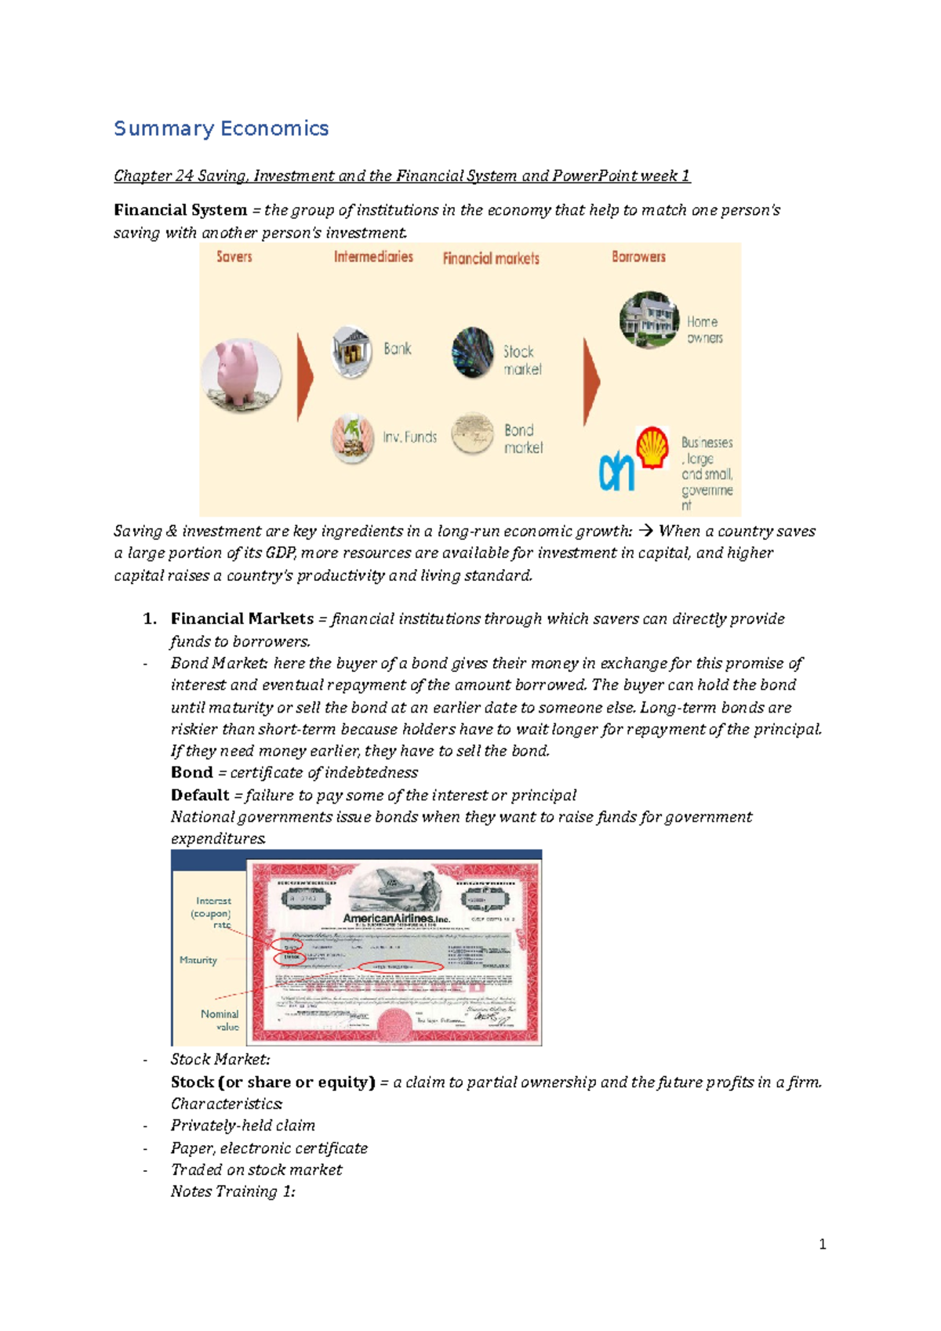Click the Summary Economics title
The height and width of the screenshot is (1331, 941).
221,129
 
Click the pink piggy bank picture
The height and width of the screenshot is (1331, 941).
241,375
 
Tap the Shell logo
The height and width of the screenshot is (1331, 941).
652,447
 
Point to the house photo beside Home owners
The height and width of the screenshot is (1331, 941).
648,319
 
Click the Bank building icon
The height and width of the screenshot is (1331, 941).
351,351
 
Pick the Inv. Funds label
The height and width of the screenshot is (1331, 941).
409,437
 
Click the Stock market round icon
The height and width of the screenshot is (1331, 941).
472,352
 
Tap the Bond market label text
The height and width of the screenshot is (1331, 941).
523,439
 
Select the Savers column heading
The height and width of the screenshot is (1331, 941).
234,257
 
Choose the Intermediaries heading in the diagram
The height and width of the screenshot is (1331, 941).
373,257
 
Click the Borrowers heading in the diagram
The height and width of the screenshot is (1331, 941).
638,257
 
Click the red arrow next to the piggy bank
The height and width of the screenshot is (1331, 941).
304,377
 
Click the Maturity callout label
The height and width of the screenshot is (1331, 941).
198,960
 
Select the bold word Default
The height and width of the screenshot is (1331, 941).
200,795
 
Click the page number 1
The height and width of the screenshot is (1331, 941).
822,1244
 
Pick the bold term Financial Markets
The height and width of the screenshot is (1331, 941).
242,618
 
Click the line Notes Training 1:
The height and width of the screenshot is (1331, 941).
233,1191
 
